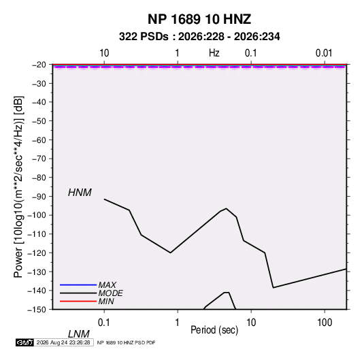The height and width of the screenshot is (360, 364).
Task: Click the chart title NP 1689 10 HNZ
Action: [199, 19]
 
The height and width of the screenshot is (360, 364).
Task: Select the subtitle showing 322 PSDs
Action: [199, 37]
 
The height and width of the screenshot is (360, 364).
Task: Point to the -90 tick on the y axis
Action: [39, 197]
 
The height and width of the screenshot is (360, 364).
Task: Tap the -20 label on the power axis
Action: [39, 65]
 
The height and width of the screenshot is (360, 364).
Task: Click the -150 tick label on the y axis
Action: [37, 310]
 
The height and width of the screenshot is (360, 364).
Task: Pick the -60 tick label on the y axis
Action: [39, 140]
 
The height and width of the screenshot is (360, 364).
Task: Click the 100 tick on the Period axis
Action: [325, 323]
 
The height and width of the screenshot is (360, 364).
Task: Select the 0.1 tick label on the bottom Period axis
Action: [104, 323]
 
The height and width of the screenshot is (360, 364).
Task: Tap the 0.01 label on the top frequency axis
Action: [324, 53]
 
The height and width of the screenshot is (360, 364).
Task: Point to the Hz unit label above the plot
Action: [214, 53]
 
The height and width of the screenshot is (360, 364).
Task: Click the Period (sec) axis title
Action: [214, 330]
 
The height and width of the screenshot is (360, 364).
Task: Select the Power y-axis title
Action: [18, 187]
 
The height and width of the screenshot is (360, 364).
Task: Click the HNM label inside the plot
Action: [80, 193]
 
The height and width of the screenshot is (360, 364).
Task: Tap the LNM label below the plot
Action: [79, 334]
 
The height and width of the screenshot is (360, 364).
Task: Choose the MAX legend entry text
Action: [107, 285]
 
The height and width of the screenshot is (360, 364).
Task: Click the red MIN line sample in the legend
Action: [78, 301]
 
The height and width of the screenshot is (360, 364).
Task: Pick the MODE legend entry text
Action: [110, 293]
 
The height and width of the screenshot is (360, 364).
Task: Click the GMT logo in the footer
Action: [25, 342]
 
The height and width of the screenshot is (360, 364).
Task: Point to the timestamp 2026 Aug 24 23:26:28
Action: [63, 342]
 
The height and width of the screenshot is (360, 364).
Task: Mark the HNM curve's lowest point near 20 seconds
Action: [274, 288]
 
